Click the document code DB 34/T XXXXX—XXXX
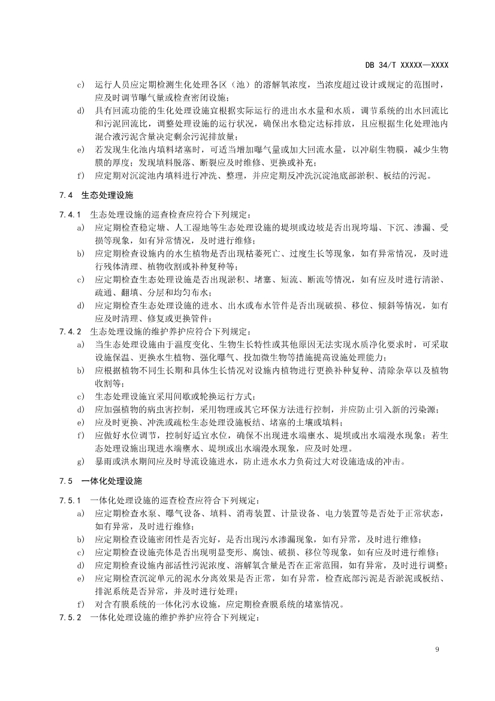click(407, 65)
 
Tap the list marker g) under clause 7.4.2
click(81, 462)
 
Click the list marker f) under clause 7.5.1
click(81, 604)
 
